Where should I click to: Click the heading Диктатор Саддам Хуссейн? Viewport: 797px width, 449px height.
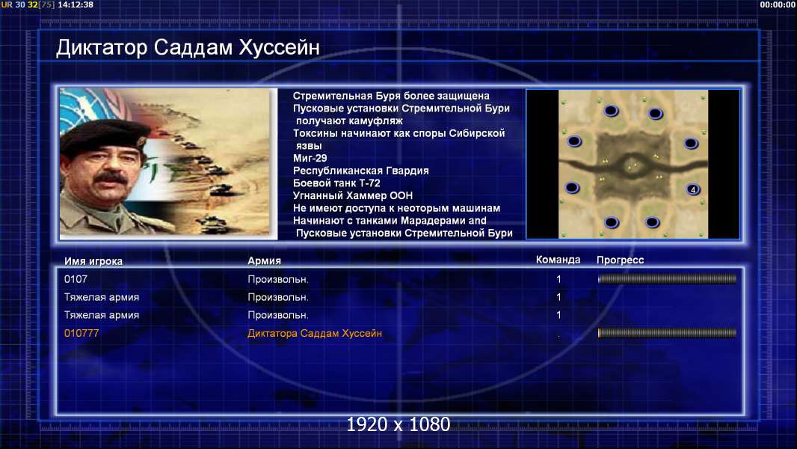(x=188, y=48)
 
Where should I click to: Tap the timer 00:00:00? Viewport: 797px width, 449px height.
(x=777, y=4)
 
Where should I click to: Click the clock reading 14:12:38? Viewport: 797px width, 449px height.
(x=76, y=4)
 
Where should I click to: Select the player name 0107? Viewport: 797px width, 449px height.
(x=76, y=279)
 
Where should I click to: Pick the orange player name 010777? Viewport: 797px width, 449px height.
(x=81, y=333)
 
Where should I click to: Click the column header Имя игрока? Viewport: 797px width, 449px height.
(x=93, y=261)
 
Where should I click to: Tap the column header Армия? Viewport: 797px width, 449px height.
(x=265, y=261)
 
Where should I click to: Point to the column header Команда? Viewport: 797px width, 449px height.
(x=558, y=260)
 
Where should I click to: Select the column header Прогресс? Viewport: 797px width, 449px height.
(x=620, y=260)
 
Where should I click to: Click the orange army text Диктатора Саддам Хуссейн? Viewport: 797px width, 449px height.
(x=315, y=334)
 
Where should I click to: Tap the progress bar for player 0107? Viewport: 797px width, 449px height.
(x=667, y=278)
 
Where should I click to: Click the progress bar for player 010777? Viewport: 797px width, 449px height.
(x=667, y=333)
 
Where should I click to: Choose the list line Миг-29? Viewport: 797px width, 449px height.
(x=310, y=158)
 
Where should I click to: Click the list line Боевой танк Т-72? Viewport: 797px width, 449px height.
(x=336, y=183)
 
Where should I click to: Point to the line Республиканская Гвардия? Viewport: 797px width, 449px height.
(x=361, y=171)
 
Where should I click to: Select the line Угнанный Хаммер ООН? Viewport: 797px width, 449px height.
(x=353, y=196)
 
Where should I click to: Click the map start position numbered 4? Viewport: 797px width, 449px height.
(x=693, y=189)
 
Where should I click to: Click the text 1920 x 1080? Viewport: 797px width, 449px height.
(x=398, y=424)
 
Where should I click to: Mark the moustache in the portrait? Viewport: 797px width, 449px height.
(x=111, y=178)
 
